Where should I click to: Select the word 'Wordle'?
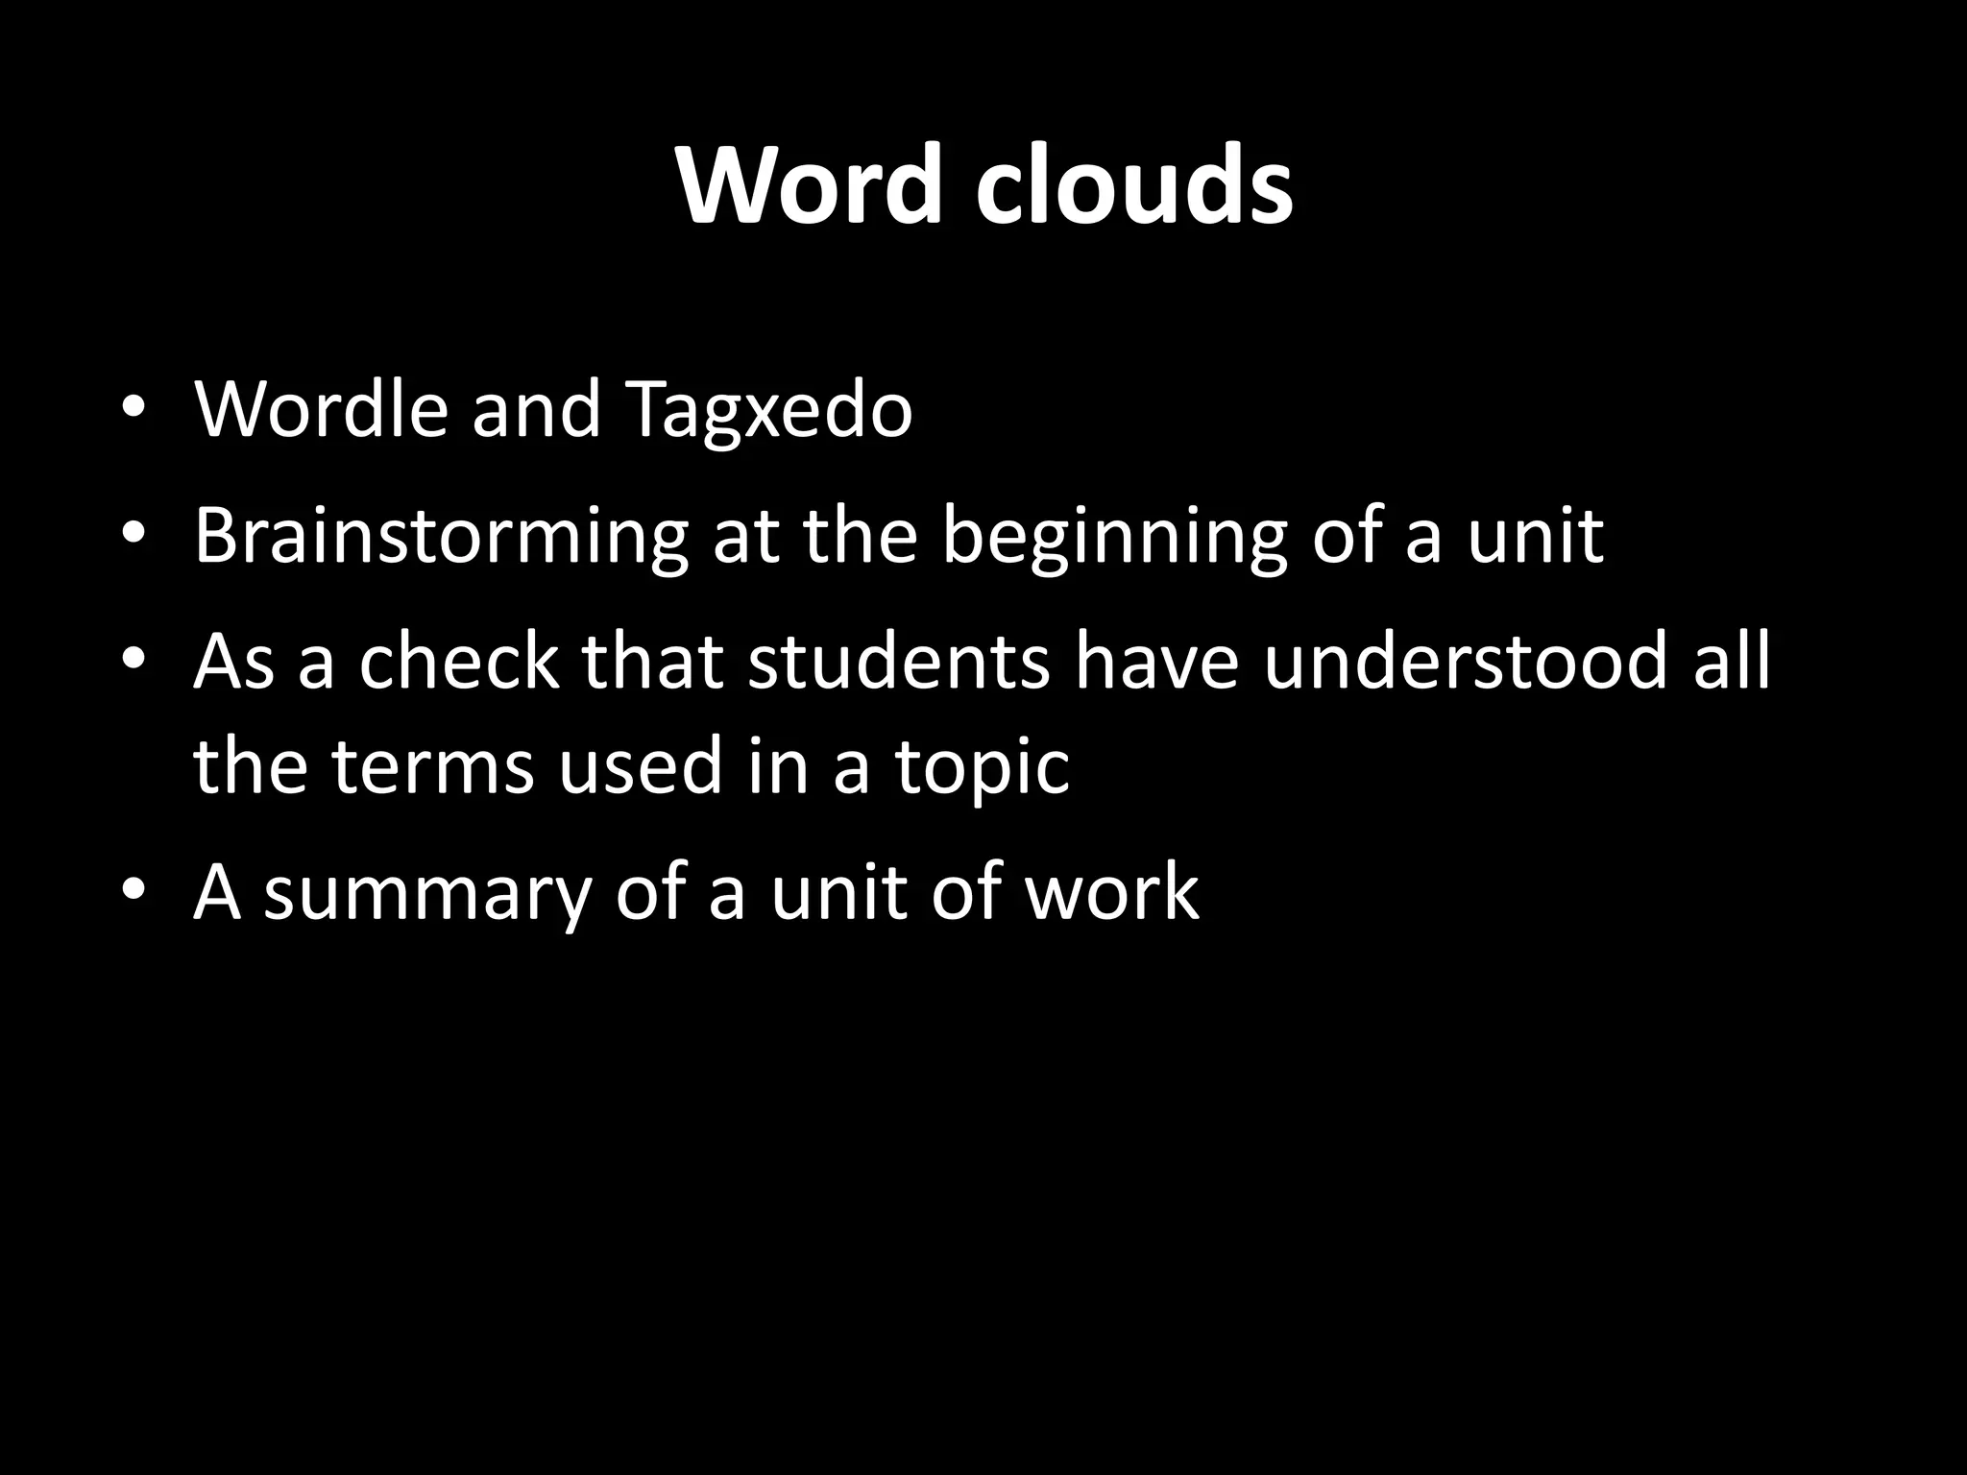coord(321,410)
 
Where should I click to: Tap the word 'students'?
coord(899,662)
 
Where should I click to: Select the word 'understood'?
coord(1466,662)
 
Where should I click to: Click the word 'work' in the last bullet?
coord(1111,891)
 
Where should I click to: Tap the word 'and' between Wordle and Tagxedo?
coord(536,410)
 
